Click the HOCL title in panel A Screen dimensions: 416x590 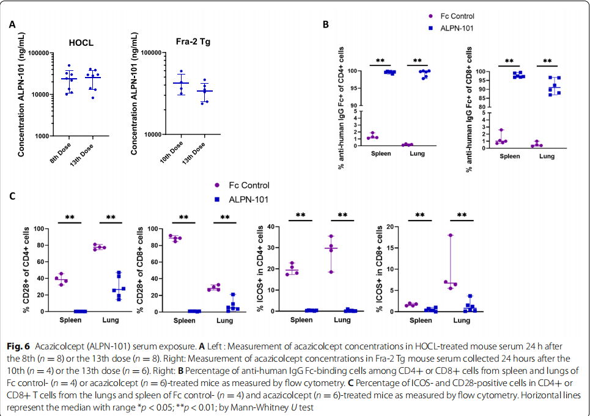81,43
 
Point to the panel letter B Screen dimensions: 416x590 326,25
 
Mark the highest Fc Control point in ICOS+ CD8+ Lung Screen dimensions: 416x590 450,235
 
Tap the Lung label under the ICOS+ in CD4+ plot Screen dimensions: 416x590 342,320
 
